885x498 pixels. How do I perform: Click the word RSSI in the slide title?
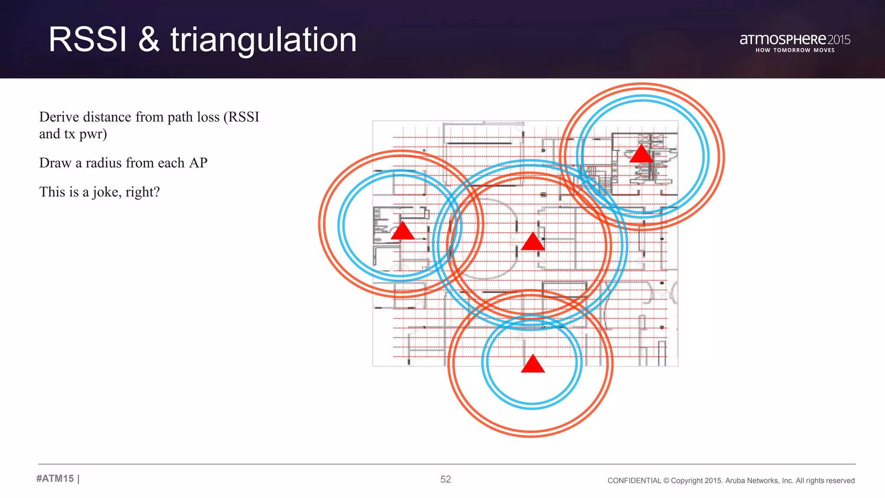88,40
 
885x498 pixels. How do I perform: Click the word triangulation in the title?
264,41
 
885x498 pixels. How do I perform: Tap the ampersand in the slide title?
149,40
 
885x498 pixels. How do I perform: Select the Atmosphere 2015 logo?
795,40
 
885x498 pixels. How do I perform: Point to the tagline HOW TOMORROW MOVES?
795,50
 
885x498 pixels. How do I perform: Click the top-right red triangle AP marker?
641,155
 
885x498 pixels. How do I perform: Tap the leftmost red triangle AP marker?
403,231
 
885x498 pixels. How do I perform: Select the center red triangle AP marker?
533,242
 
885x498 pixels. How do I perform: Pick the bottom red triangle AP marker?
533,364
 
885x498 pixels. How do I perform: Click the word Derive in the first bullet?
59,117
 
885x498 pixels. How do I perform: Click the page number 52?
446,479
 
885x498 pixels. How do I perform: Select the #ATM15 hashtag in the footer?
55,479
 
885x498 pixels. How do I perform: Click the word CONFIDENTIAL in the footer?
634,481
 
